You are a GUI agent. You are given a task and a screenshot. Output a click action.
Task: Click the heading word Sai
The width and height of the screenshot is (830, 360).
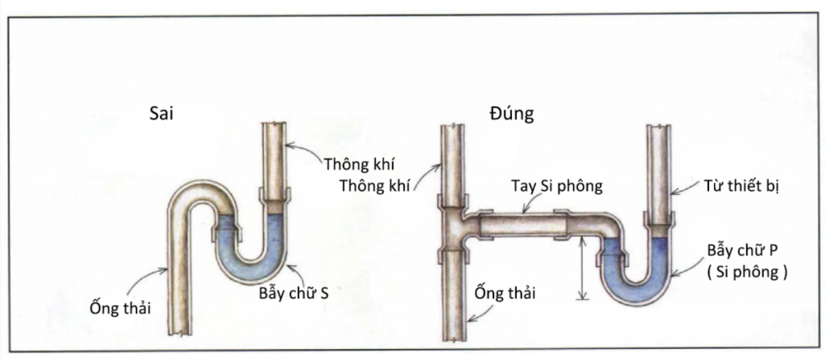161,113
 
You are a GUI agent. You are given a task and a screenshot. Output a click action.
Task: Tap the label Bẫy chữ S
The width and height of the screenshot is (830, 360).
293,293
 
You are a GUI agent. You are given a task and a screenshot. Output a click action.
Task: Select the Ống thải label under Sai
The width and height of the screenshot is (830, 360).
120,307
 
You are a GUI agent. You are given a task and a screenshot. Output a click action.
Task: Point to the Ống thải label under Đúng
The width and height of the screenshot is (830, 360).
505,293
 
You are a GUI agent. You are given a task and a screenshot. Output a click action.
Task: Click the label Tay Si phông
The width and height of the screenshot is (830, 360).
557,186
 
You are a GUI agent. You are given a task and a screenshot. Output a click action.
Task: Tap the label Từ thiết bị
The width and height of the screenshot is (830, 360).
741,186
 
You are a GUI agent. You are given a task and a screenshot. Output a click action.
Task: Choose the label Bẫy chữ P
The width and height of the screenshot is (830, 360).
742,250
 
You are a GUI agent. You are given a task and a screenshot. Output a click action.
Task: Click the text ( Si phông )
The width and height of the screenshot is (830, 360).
748,272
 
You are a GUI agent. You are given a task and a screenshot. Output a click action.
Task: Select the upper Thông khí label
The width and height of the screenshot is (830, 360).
359,164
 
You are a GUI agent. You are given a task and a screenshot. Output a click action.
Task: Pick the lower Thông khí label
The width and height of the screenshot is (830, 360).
374,186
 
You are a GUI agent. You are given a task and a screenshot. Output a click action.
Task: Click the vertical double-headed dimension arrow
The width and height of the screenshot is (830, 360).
583,268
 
